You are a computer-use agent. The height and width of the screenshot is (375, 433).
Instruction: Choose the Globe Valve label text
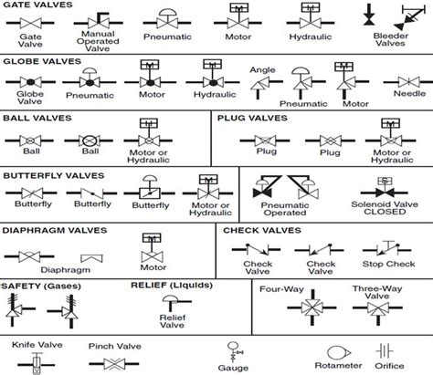(27, 99)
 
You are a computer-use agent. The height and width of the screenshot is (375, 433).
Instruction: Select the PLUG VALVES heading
(248, 118)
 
